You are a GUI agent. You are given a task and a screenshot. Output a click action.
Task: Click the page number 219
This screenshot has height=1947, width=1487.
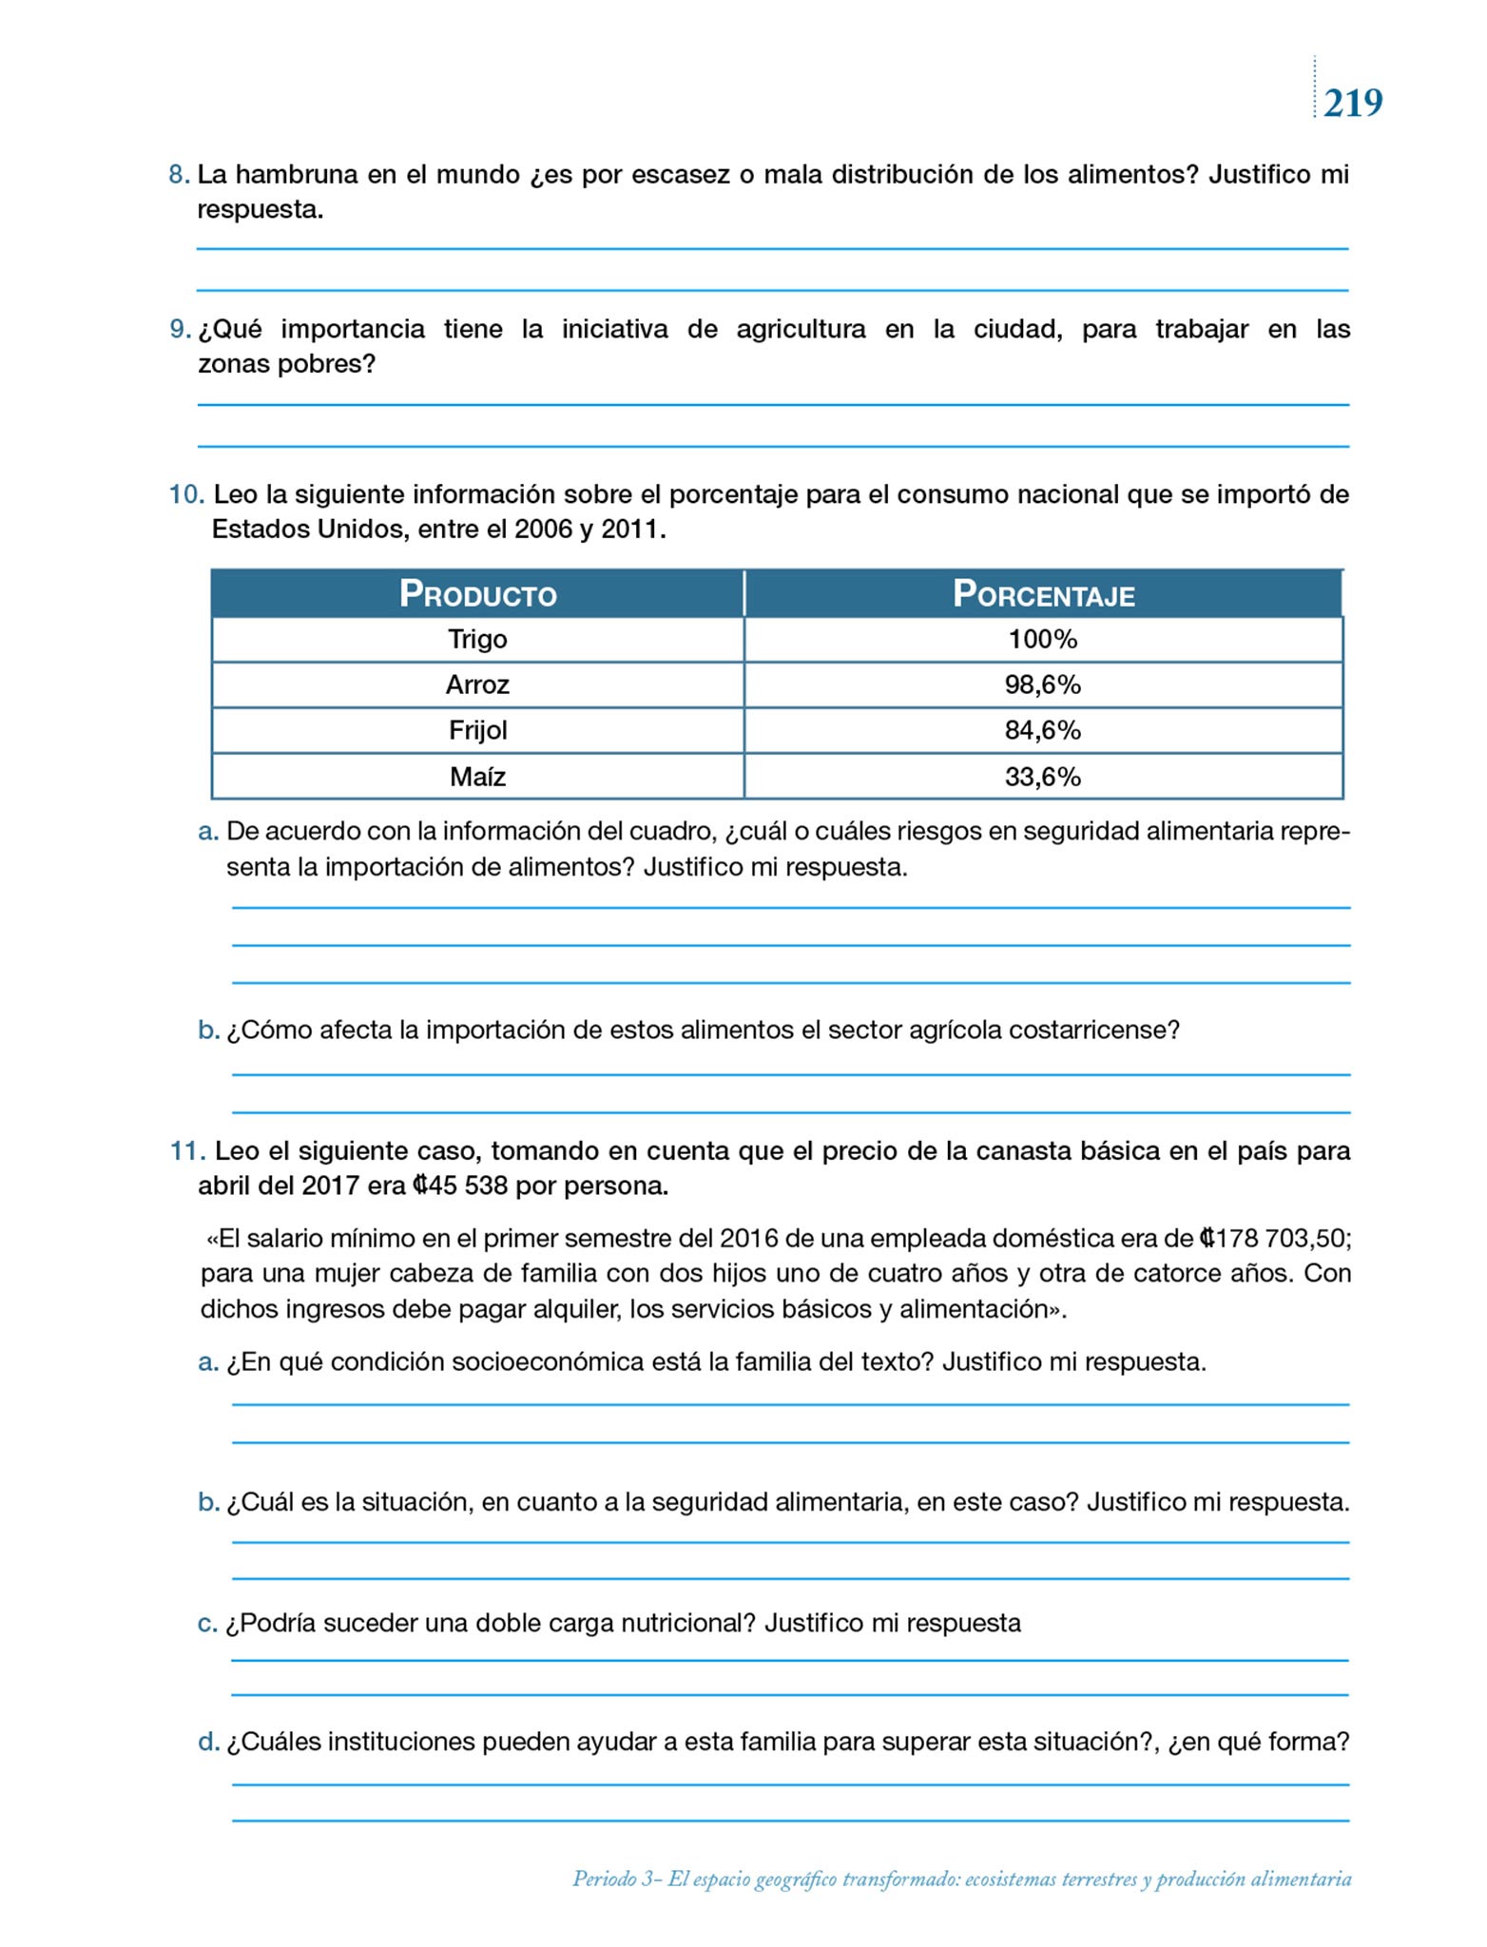[1353, 103]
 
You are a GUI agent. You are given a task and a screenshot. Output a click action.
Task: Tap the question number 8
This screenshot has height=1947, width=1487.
[179, 175]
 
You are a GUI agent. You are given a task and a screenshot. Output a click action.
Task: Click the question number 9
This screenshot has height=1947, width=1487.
[180, 329]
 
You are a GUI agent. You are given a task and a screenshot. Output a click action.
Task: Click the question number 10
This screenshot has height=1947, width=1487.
[186, 494]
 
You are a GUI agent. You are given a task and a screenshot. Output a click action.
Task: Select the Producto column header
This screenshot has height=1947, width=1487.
[477, 594]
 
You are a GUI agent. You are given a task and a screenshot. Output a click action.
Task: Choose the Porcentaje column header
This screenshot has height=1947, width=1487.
[1043, 594]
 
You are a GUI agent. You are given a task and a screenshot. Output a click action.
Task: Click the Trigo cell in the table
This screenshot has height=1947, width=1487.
[477, 639]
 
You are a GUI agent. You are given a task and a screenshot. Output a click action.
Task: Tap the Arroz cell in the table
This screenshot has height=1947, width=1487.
[477, 684]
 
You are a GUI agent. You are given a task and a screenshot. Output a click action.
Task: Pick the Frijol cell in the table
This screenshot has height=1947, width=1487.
[477, 730]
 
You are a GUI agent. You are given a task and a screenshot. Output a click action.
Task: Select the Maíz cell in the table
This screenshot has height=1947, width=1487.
[477, 777]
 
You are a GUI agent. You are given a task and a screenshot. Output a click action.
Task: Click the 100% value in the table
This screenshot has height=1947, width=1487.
[1043, 639]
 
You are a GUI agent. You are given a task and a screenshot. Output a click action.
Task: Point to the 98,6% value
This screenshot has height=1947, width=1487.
[1043, 684]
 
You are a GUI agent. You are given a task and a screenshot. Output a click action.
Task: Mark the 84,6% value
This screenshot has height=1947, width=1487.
[1043, 730]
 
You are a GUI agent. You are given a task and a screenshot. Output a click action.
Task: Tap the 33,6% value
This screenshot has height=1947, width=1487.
[1043, 777]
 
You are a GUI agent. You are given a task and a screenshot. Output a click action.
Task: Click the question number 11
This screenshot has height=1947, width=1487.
[187, 1151]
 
